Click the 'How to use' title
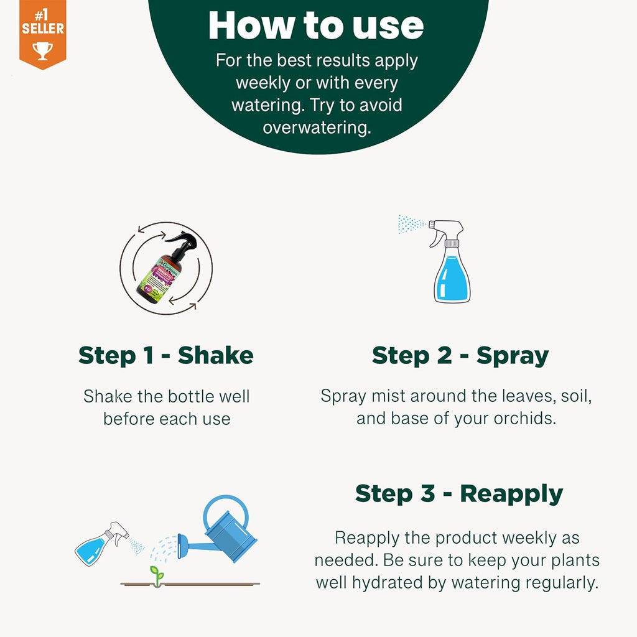coord(316,26)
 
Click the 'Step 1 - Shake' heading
coord(166,355)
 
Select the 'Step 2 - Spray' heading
coord(460,355)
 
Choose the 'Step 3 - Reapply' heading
coord(458,493)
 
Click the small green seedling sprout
coord(157,574)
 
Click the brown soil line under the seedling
coord(190,584)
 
